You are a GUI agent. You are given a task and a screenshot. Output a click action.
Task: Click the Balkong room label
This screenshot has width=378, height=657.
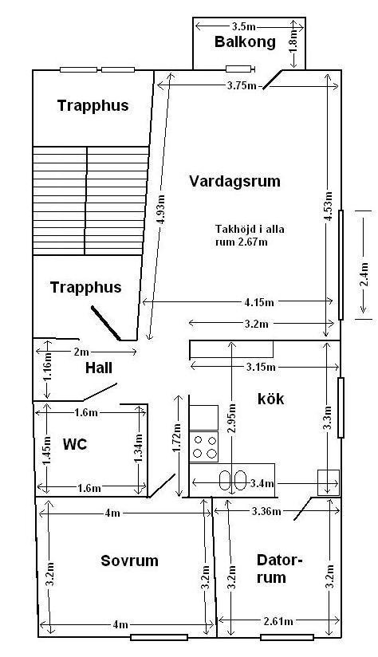point(245,42)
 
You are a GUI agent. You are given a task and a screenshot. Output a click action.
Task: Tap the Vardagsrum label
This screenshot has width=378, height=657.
point(234,182)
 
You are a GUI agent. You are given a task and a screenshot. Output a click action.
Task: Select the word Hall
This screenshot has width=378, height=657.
point(99,368)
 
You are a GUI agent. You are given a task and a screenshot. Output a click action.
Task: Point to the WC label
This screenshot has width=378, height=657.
point(75,444)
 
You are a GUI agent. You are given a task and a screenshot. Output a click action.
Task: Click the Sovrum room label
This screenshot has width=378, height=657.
point(129,561)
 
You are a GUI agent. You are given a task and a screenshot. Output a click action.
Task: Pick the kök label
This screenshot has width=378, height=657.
point(270,399)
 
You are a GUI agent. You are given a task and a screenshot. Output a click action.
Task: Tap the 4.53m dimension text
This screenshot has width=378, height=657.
point(329,206)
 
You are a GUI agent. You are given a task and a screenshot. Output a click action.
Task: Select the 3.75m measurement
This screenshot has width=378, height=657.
point(241,86)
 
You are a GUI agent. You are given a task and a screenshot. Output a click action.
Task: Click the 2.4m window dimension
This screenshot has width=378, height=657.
point(364,274)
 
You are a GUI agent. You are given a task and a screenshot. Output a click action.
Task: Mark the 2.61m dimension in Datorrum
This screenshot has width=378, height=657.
point(278,621)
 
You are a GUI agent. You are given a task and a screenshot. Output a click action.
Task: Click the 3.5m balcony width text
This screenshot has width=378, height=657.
point(243,26)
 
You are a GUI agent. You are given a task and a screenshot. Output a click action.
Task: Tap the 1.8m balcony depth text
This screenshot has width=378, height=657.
point(294,41)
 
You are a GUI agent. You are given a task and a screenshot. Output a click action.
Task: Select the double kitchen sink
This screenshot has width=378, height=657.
point(233,480)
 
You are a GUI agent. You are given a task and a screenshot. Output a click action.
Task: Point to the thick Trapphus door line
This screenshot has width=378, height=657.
point(106,324)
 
